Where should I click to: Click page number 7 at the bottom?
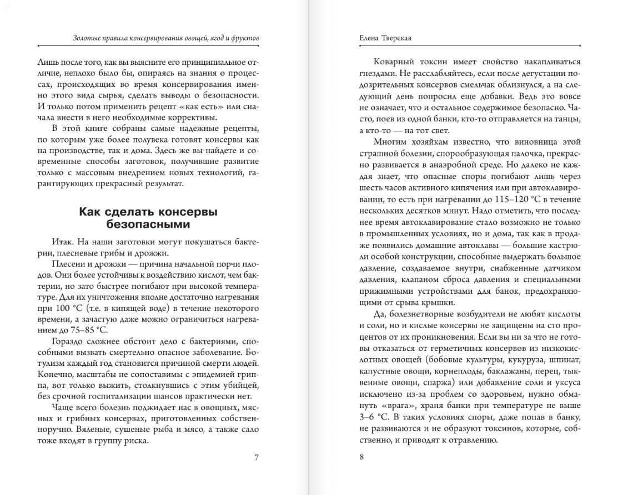(x=256, y=457)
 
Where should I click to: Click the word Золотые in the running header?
(x=87, y=38)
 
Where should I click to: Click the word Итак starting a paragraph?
(x=63, y=242)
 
